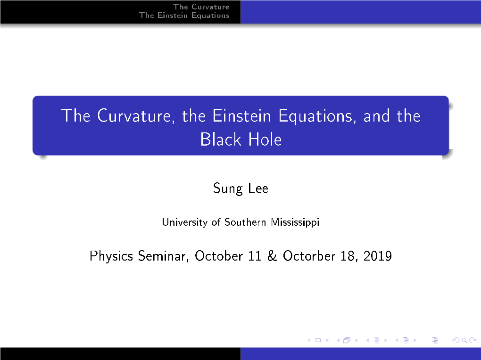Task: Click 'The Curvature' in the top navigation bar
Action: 201,7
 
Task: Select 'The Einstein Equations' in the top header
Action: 184,16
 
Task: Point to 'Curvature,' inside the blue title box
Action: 136,116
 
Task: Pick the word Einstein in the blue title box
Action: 242,116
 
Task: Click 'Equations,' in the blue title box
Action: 317,116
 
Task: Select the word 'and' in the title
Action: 376,116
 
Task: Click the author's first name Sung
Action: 228,188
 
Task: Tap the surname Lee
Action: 258,188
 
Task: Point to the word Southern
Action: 245,222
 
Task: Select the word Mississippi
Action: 295,222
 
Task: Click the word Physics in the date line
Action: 111,256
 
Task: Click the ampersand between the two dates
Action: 272,256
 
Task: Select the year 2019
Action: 378,256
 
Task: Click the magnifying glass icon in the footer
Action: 464,340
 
